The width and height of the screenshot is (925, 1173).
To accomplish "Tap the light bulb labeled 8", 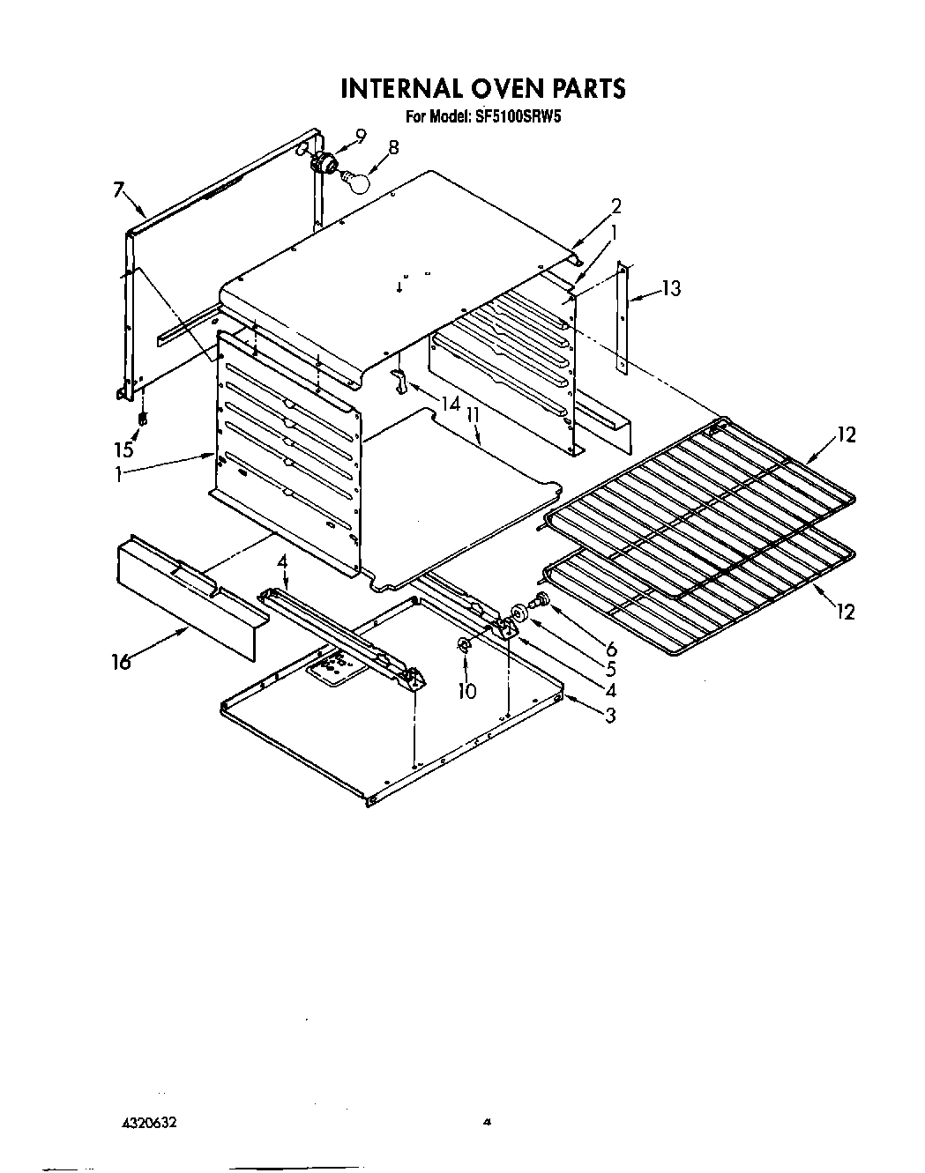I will click(354, 180).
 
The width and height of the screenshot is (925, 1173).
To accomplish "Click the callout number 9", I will click(360, 136).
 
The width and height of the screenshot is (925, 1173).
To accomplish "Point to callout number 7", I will click(120, 189).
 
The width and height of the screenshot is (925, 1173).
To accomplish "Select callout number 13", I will click(671, 288).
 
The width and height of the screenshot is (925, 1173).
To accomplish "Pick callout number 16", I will click(121, 660).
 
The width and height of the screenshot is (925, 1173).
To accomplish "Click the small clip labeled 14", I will click(398, 381).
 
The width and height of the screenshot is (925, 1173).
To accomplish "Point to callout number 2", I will click(616, 207).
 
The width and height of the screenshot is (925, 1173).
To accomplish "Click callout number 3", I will click(609, 715).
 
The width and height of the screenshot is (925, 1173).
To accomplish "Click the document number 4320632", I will click(158, 1123).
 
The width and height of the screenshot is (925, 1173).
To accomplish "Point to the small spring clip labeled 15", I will click(142, 418).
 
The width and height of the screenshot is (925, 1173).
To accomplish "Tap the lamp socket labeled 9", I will click(326, 161).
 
